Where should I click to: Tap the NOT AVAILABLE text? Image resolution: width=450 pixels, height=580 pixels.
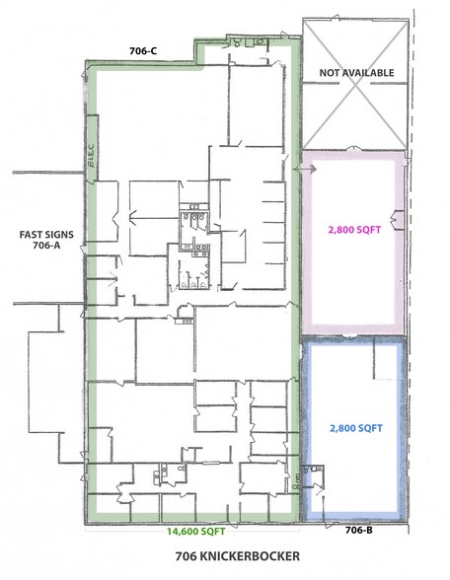[355, 73]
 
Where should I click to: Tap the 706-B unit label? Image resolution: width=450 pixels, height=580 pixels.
[358, 531]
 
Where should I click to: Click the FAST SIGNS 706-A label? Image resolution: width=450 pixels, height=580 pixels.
[39, 241]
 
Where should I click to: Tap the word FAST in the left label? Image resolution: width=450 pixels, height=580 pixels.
[25, 235]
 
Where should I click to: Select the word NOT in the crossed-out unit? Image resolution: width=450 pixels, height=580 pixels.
[329, 73]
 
